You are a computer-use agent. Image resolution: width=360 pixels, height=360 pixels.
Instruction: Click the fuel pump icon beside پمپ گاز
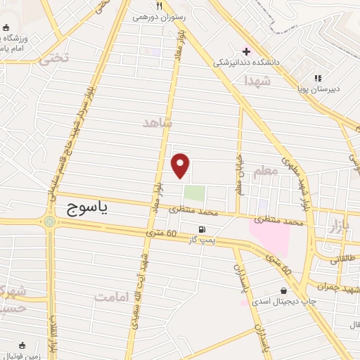click(202, 229)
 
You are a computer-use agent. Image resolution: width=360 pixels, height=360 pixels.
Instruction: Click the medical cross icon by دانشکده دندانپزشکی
click(246, 51)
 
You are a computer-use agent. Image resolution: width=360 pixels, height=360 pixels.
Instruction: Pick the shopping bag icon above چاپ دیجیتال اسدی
click(283, 290)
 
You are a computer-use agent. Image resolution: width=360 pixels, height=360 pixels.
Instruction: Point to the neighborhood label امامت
click(113, 297)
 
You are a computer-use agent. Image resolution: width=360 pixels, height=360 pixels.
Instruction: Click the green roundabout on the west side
click(50, 222)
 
